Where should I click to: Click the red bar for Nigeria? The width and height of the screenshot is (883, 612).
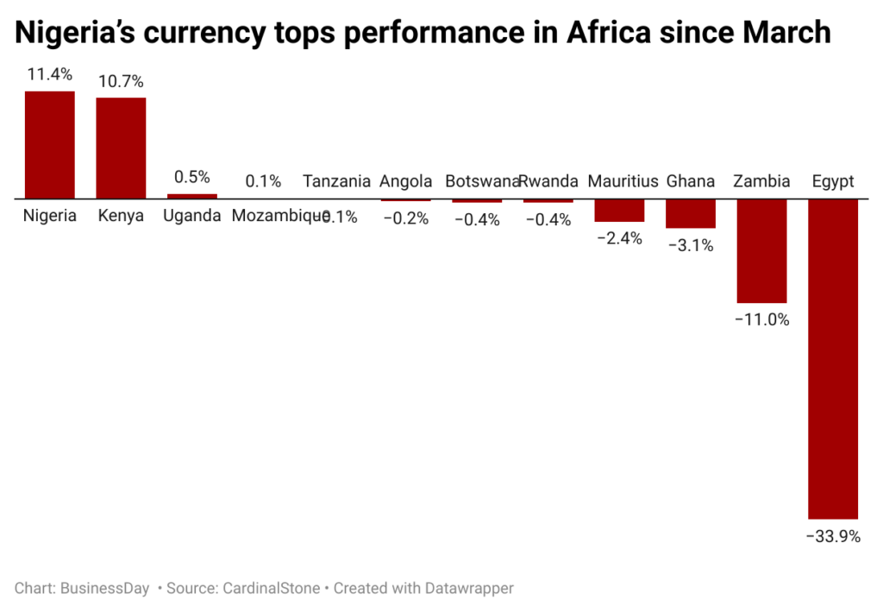49,144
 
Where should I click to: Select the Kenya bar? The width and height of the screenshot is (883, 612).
121,148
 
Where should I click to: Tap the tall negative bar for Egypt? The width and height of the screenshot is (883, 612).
833,358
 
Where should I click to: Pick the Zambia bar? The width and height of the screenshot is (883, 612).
761,250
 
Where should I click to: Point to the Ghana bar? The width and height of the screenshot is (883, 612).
690,213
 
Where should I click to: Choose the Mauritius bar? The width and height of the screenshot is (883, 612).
619,211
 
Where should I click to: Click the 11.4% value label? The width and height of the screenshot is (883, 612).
49,75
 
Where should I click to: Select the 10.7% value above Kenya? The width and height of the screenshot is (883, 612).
121,82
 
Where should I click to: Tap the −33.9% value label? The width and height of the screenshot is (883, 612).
833,536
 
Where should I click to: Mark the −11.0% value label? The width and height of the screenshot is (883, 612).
761,319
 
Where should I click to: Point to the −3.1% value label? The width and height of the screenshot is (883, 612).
690,245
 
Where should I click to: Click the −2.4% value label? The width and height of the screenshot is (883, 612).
619,239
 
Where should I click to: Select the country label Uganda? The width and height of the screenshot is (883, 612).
191,216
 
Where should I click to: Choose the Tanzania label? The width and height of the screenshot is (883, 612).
336,181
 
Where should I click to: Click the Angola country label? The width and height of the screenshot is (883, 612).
405,181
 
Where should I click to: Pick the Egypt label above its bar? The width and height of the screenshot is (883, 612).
833,181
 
